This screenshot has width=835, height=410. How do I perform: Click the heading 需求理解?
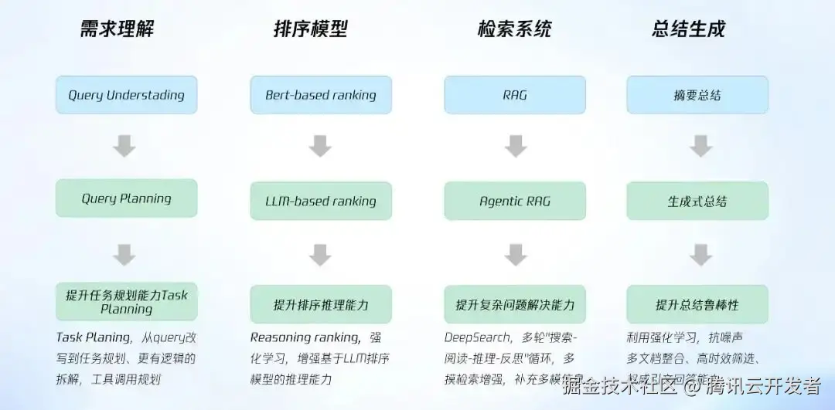point(118,29)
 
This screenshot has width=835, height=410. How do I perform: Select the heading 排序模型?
point(311,29)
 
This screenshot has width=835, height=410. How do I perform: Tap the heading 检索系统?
point(514,29)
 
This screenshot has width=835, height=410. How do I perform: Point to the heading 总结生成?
point(689,29)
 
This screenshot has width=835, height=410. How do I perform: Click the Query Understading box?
point(126,95)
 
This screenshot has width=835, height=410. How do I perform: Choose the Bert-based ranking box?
point(321,95)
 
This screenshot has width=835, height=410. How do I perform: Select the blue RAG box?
point(514,95)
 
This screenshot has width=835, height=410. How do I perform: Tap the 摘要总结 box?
point(697,95)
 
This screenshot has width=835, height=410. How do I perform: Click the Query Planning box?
point(126,198)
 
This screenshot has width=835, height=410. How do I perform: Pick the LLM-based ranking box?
point(321,201)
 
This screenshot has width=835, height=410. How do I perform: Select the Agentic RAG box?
point(514,201)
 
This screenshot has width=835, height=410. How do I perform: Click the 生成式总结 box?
point(697,201)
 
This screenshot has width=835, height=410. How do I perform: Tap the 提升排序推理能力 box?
point(321,304)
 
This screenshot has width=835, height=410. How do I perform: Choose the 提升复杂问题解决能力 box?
point(514,304)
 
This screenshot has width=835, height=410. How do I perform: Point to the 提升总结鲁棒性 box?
point(697,304)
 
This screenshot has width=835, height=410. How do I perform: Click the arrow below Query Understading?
point(124,146)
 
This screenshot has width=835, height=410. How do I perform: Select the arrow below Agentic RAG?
point(515,254)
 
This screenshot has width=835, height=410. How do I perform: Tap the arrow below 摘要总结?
point(700,146)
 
